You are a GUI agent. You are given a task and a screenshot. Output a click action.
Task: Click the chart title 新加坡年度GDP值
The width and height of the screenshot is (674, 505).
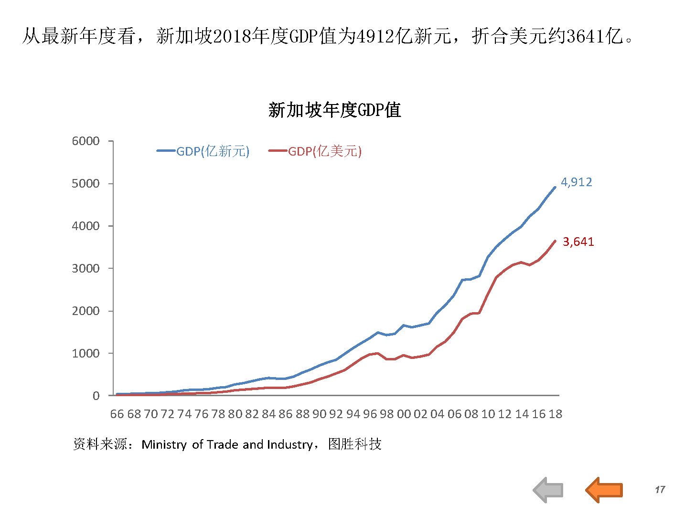334,110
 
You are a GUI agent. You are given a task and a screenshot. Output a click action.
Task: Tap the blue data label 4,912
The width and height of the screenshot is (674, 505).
576,182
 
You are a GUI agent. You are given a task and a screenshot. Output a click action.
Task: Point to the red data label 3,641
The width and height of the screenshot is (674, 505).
578,242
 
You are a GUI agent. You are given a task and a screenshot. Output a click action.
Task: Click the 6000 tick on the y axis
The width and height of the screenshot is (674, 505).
86,141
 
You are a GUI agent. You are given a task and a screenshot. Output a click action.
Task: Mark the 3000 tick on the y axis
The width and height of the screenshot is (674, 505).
86,268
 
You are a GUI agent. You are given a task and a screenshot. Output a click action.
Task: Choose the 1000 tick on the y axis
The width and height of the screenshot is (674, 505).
86,353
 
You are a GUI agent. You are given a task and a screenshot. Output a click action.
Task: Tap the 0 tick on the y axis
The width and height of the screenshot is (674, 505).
96,396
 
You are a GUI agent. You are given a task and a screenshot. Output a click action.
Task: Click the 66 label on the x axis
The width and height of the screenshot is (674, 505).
117,414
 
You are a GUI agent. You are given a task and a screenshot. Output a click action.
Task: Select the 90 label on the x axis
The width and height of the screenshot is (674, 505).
319,414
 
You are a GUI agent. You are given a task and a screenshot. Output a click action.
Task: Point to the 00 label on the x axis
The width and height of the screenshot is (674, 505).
404,414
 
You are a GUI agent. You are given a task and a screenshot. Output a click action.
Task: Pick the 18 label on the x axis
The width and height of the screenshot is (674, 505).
555,414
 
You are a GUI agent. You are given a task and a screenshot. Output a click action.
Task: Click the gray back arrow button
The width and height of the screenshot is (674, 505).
548,490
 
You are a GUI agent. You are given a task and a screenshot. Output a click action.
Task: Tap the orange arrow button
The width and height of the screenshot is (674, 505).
604,490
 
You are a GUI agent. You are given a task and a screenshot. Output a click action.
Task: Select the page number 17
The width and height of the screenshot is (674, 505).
660,490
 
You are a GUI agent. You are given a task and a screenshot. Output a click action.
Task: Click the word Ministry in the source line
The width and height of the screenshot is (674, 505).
164,445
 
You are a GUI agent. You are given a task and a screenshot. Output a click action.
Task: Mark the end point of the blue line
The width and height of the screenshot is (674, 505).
555,187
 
